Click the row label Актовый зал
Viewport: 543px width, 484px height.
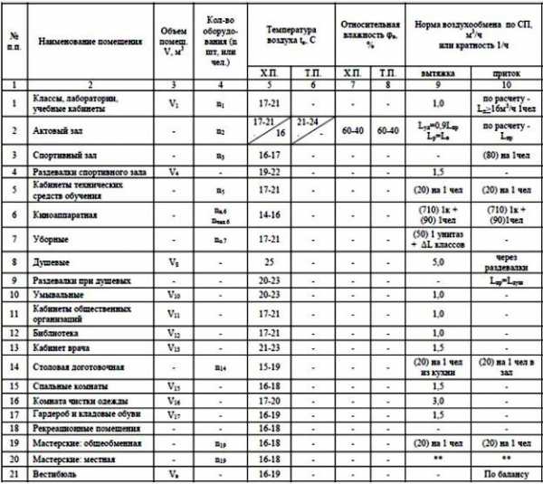click(x=62, y=131)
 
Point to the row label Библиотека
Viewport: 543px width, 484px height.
click(x=62, y=334)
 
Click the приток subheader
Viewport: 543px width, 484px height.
click(x=505, y=71)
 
